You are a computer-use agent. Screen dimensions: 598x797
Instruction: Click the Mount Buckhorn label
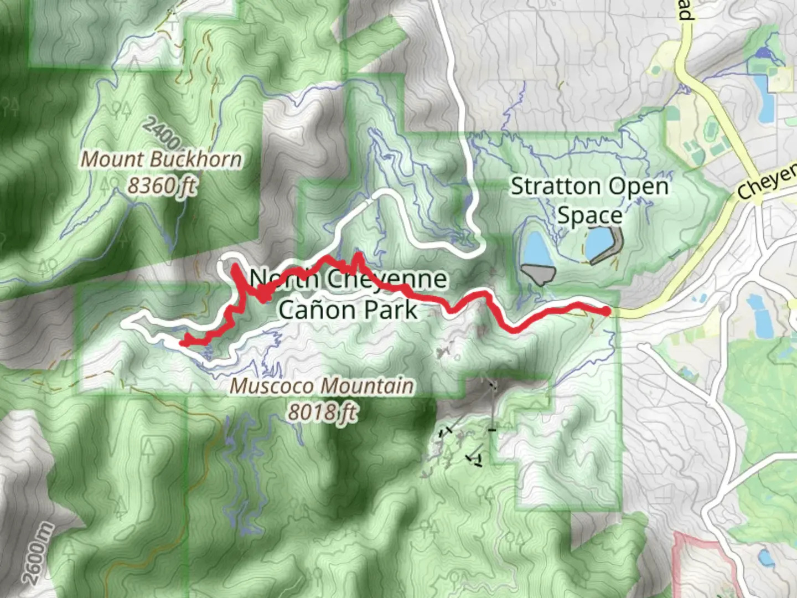[162, 159]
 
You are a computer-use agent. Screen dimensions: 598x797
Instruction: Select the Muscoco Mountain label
[322, 385]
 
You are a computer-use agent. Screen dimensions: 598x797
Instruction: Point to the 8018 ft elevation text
[322, 411]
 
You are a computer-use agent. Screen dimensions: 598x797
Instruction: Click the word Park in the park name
[394, 310]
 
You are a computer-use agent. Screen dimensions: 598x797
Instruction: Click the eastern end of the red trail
[607, 312]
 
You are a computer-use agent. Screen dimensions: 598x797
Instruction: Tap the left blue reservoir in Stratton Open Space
[535, 249]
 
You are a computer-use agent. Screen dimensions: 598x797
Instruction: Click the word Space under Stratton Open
[589, 215]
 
